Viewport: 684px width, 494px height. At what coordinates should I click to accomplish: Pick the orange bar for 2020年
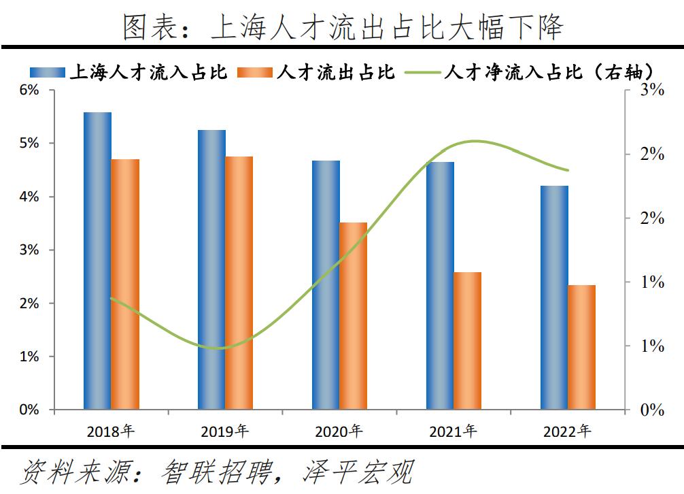pos(353,316)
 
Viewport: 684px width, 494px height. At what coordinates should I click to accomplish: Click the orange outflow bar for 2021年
pos(467,341)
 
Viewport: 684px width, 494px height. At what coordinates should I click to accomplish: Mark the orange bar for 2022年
pos(581,347)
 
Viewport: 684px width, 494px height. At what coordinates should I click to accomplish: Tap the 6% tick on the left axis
pos(29,90)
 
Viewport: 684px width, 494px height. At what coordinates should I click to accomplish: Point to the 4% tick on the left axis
pos(29,197)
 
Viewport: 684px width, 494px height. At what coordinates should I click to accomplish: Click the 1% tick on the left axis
pos(29,357)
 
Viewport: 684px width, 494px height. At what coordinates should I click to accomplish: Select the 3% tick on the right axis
pos(652,90)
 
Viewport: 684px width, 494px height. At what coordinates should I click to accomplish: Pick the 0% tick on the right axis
pos(652,410)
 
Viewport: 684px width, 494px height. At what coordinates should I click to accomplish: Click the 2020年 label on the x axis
pos(339,431)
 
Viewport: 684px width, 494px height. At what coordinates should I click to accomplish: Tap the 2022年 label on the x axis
pos(568,431)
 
